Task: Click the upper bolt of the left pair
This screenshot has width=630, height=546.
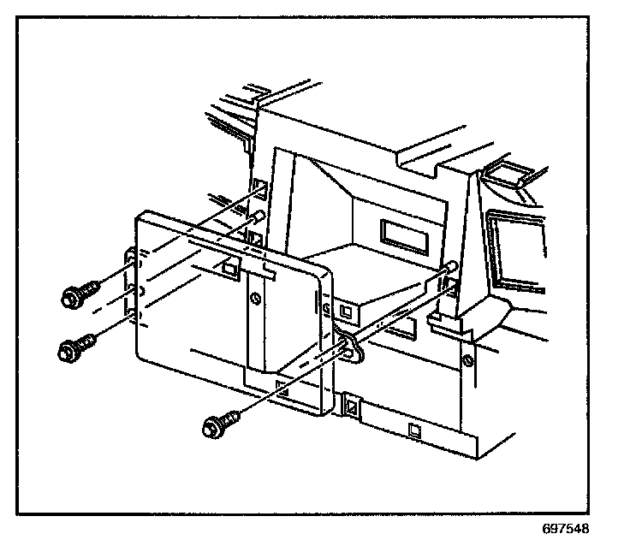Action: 74,296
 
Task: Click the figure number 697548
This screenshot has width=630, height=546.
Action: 565,528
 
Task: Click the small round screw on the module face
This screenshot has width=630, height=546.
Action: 253,299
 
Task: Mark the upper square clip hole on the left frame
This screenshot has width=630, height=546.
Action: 259,186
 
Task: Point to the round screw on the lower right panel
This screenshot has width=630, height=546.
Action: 467,360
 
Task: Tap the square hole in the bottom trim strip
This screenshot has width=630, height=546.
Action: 414,428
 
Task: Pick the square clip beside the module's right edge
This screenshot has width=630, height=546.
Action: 344,310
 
